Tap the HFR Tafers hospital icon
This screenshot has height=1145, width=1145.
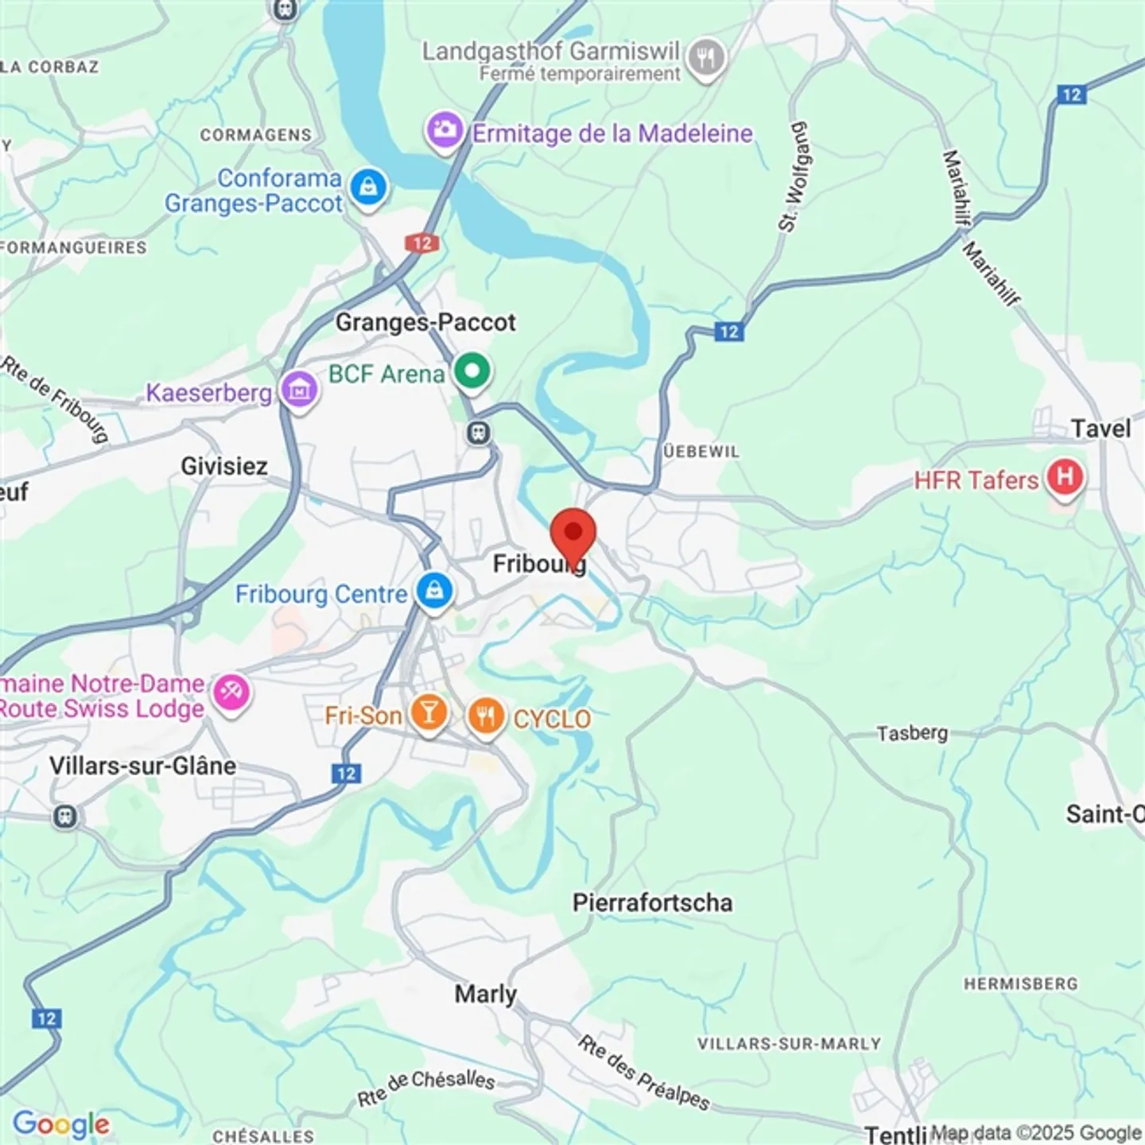click(1064, 479)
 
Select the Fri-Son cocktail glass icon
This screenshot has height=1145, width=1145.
click(429, 714)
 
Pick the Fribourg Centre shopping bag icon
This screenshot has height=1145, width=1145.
click(433, 592)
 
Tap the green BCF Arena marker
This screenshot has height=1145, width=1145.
click(473, 372)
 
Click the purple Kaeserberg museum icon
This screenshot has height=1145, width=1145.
click(299, 391)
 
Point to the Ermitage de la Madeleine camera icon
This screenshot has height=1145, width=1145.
click(444, 130)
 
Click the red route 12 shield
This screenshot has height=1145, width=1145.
click(422, 243)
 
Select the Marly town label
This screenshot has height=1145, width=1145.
click(485, 994)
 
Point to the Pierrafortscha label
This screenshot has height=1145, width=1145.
click(652, 902)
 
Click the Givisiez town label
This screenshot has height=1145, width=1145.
click(223, 466)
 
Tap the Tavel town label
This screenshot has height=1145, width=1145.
click(1100, 429)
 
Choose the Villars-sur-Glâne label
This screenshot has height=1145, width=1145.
click(142, 766)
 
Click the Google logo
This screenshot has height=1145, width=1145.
click(61, 1124)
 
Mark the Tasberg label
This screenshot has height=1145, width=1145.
click(912, 732)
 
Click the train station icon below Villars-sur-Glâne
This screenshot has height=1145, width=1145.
click(65, 817)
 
